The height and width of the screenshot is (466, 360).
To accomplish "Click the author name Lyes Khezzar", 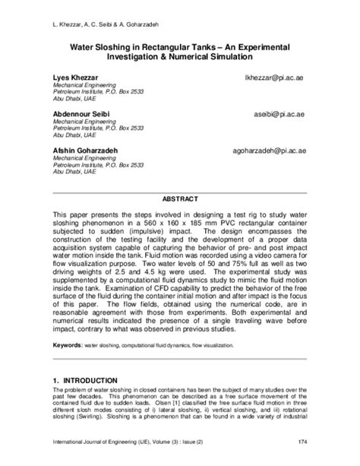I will tap(74, 78).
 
